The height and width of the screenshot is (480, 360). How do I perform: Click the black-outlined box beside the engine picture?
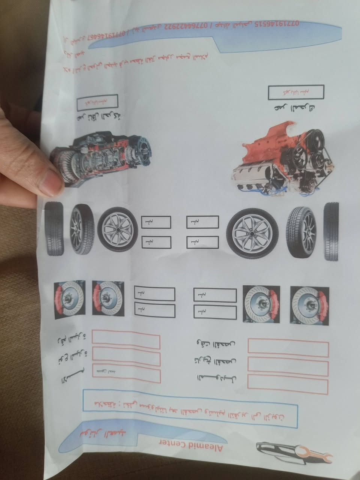(x=296, y=92)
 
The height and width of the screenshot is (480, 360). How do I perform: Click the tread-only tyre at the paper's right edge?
(x=331, y=231)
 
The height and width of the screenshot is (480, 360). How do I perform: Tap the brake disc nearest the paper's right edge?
(x=309, y=305)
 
